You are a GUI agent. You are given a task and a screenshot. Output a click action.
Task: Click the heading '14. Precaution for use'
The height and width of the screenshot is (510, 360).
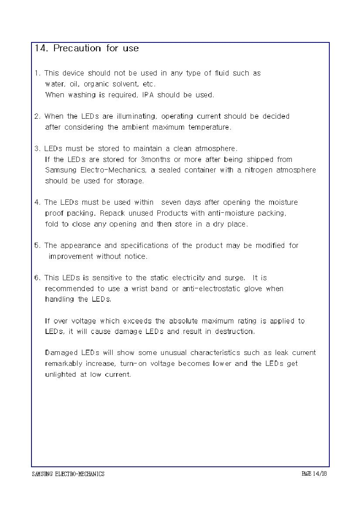(x=86, y=48)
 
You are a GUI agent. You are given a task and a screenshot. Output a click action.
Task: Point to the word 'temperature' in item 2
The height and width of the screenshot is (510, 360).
(x=209, y=127)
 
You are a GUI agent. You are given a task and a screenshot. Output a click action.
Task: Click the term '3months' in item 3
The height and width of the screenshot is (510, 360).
(x=155, y=160)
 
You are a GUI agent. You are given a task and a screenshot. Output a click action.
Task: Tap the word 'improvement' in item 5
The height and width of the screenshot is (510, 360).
(x=71, y=256)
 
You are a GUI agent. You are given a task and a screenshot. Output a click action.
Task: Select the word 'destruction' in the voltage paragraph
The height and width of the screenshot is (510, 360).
(x=234, y=332)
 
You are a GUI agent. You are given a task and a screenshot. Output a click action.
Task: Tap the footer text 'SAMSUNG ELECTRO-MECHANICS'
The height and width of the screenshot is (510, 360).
(x=68, y=474)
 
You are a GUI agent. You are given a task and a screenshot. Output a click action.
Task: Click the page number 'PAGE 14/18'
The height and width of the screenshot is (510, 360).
(x=314, y=474)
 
